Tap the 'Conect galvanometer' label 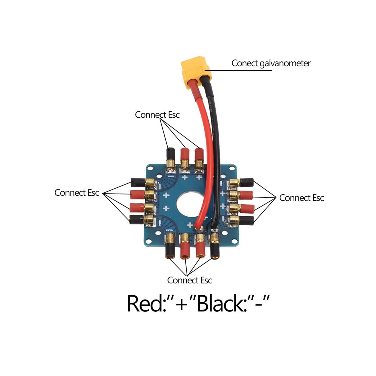(271, 63)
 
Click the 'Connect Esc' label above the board (157, 115)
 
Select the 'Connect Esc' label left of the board (77, 193)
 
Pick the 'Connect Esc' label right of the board (301, 198)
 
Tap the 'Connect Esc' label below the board (189, 280)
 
